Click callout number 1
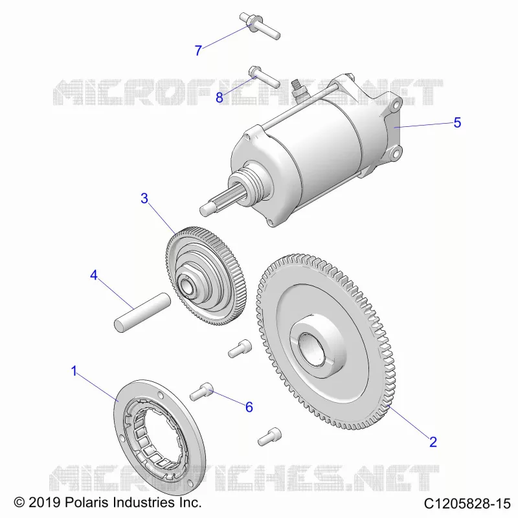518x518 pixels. (x=74, y=371)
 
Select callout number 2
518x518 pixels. (x=433, y=442)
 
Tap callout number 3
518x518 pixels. (x=144, y=198)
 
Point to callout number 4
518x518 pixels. (x=94, y=275)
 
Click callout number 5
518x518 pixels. (x=457, y=122)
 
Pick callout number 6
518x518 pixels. (x=249, y=407)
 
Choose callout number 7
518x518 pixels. (x=198, y=51)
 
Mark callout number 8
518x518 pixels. (x=220, y=98)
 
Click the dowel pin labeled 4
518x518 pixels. (x=142, y=312)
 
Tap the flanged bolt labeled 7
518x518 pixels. (x=260, y=26)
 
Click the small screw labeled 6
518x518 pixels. (x=201, y=391)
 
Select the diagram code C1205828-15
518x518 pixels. (x=467, y=504)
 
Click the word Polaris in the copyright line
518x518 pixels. (x=87, y=502)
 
